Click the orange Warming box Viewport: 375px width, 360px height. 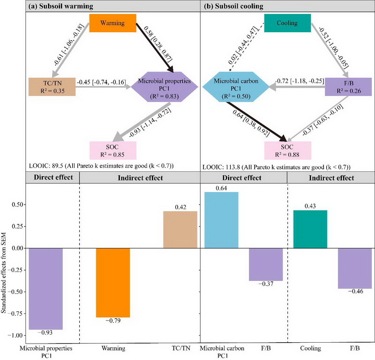(x=112, y=23)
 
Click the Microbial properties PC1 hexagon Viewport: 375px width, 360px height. (x=163, y=87)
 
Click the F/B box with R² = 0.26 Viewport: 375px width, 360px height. (x=347, y=86)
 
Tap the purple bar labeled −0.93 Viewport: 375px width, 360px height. (x=46, y=289)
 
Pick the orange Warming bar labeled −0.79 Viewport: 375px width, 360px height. (x=113, y=283)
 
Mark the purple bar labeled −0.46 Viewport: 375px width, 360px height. (x=354, y=268)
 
